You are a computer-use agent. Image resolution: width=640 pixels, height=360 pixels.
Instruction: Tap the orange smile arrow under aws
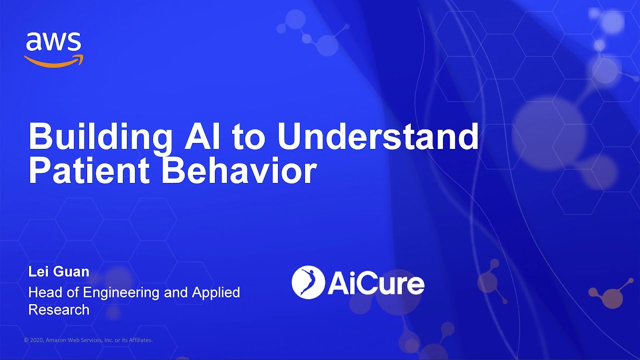tap(53, 61)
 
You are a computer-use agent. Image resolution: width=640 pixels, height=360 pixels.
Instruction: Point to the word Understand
tap(378, 136)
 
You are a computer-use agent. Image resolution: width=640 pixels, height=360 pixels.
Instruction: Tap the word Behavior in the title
tap(239, 171)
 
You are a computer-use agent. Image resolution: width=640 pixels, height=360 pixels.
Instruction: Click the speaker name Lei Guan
tap(59, 272)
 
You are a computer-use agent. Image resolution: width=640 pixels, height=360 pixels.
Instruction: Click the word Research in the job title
tap(59, 309)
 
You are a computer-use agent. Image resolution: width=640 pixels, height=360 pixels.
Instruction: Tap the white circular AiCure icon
tap(308, 282)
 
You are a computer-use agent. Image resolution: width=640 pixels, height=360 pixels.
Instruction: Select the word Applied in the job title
tap(217, 292)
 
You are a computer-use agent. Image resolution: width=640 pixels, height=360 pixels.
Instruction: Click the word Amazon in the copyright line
tap(55, 340)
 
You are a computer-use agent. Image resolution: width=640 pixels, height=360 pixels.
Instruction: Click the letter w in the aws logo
tap(54, 42)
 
